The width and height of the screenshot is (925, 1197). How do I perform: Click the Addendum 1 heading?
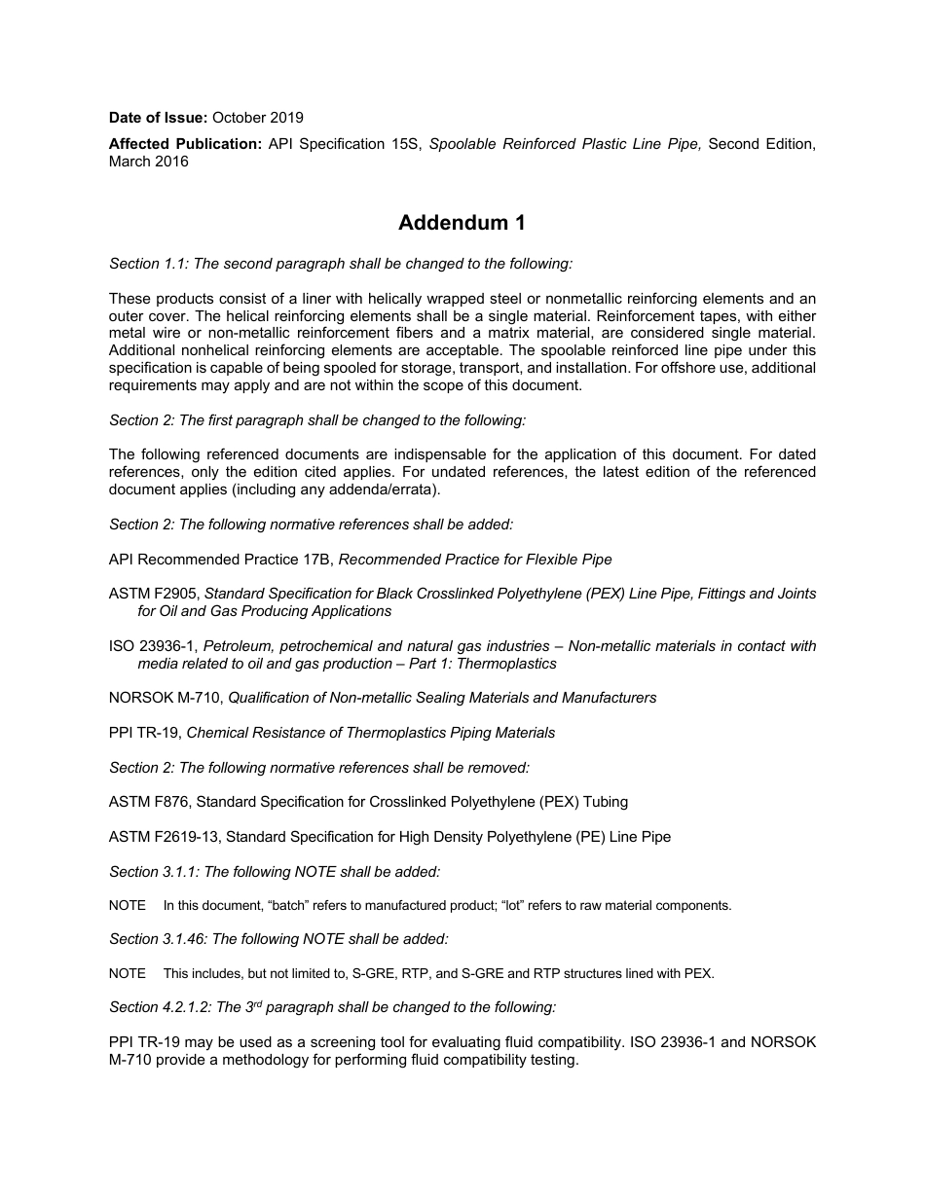[x=462, y=223]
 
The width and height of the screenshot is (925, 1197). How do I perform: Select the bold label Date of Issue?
[x=158, y=118]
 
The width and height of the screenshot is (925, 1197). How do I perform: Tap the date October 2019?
[x=258, y=118]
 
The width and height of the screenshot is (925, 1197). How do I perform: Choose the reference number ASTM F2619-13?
[x=165, y=837]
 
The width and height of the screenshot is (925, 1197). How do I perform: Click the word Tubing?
[x=604, y=802]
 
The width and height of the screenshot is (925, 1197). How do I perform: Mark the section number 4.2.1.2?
[x=188, y=1008]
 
